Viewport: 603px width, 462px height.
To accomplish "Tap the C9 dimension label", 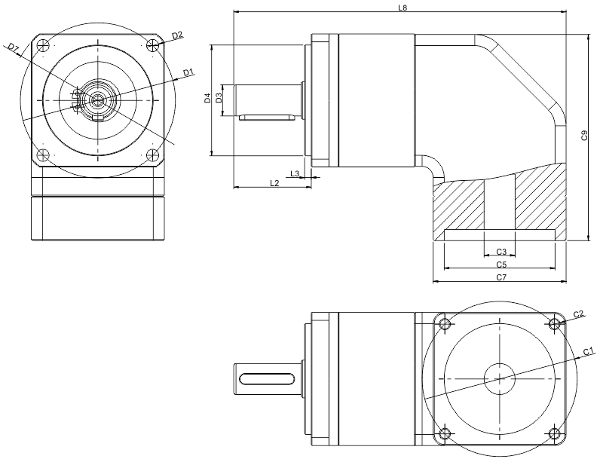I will [584, 136].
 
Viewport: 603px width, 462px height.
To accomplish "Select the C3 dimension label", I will [500, 251].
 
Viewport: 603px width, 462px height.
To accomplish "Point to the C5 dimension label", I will [500, 265].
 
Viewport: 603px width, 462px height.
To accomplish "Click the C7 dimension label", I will [500, 278].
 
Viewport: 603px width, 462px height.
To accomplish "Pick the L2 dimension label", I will [274, 182].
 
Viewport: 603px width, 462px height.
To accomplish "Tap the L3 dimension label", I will [295, 174].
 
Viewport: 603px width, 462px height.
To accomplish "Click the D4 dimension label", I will [207, 99].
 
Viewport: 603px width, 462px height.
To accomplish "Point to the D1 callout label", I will [189, 72].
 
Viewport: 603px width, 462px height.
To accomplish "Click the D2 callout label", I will [177, 35].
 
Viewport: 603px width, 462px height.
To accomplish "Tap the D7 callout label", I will [14, 48].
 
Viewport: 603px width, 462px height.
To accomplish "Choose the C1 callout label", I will [587, 352].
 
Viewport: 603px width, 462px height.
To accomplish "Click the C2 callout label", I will [579, 314].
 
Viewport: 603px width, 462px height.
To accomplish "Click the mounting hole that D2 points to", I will [155, 45].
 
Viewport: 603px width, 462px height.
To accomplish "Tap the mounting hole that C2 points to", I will [555, 324].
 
